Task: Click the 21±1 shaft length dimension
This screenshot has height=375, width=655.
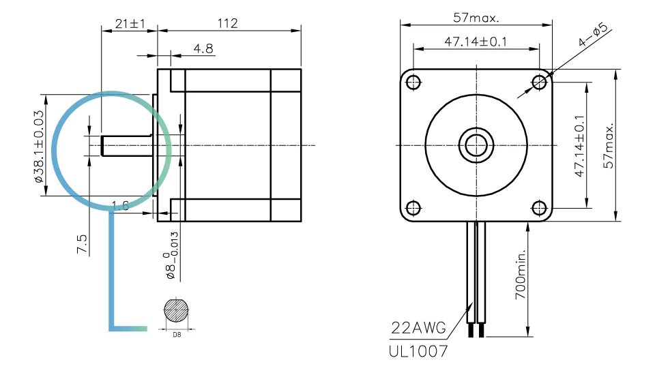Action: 130,23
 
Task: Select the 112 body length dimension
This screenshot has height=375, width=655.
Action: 228,23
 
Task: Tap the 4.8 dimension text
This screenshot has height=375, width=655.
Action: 203,48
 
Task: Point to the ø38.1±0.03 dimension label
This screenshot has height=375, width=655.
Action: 39,146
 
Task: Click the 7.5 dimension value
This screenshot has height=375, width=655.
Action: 82,244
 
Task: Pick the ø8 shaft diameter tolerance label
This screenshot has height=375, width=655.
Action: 172,256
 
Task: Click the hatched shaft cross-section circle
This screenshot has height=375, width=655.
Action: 176,311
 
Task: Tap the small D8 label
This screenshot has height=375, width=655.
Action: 177,335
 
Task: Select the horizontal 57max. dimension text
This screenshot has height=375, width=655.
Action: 476,18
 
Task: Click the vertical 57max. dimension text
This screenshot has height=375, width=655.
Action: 609,145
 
